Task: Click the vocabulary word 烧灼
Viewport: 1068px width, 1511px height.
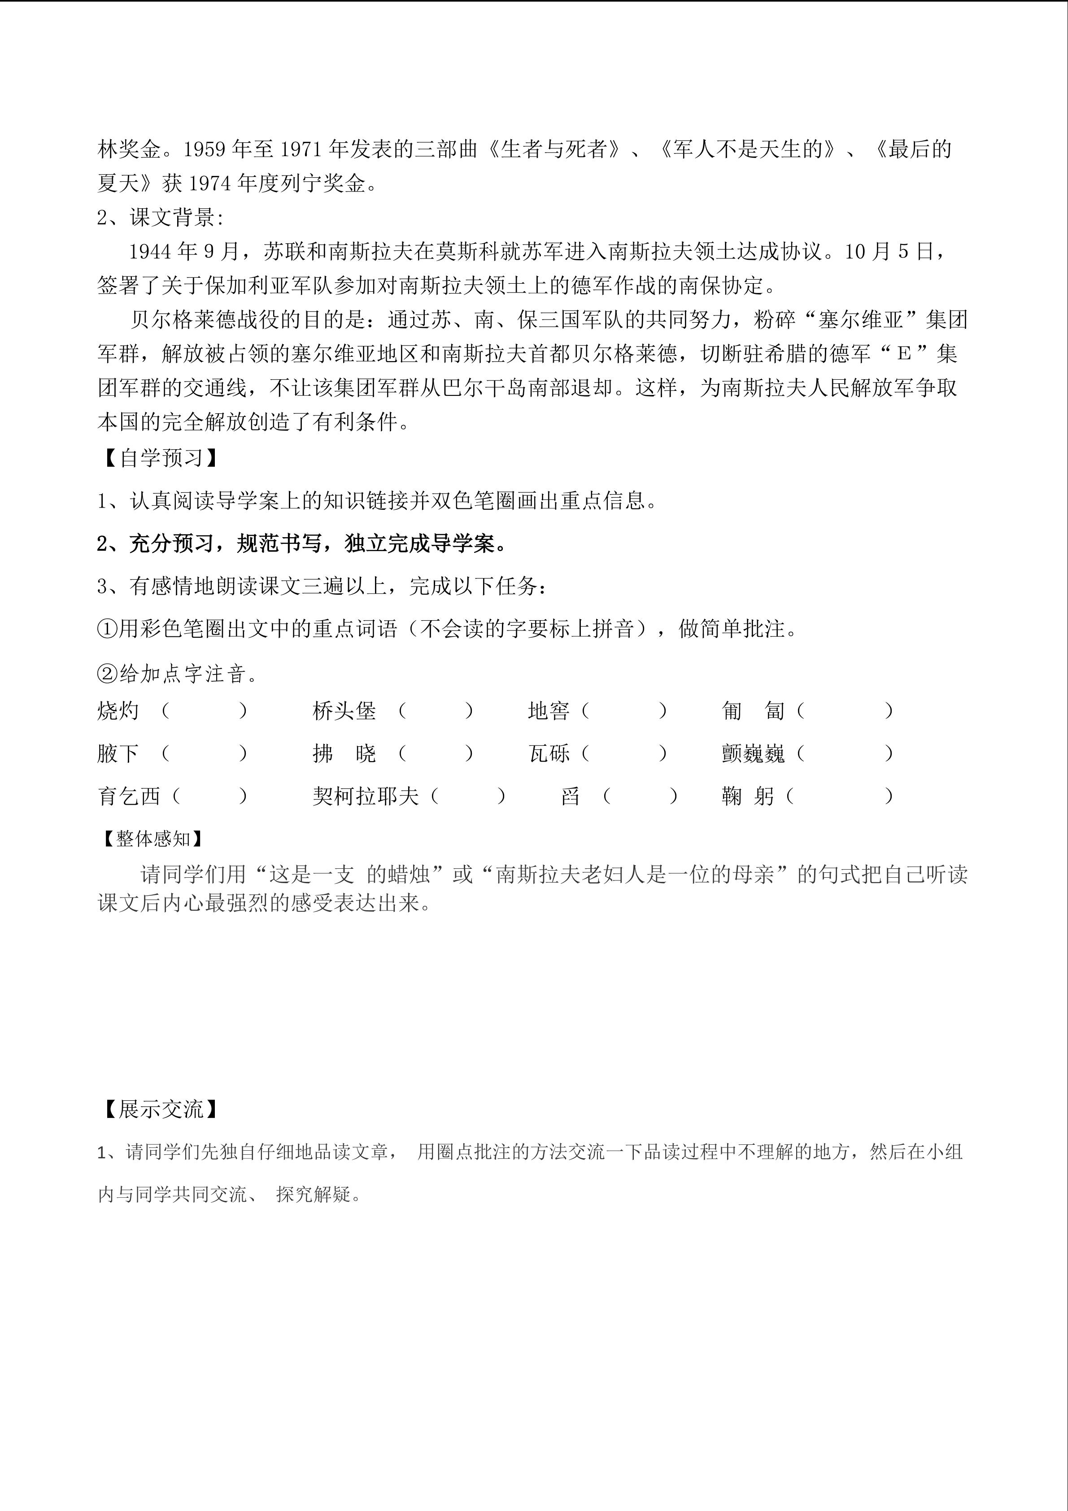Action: pos(118,711)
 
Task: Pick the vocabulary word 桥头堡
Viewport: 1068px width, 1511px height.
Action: pos(344,711)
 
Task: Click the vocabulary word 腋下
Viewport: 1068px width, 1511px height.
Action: pos(118,753)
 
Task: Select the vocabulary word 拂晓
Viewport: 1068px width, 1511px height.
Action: pos(344,753)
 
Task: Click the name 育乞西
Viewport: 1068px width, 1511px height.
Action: pos(129,796)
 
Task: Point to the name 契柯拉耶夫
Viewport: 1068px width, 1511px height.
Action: pos(366,796)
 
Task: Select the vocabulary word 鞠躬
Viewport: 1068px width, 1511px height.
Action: pos(748,796)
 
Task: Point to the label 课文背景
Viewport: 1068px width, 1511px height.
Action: pos(172,218)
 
